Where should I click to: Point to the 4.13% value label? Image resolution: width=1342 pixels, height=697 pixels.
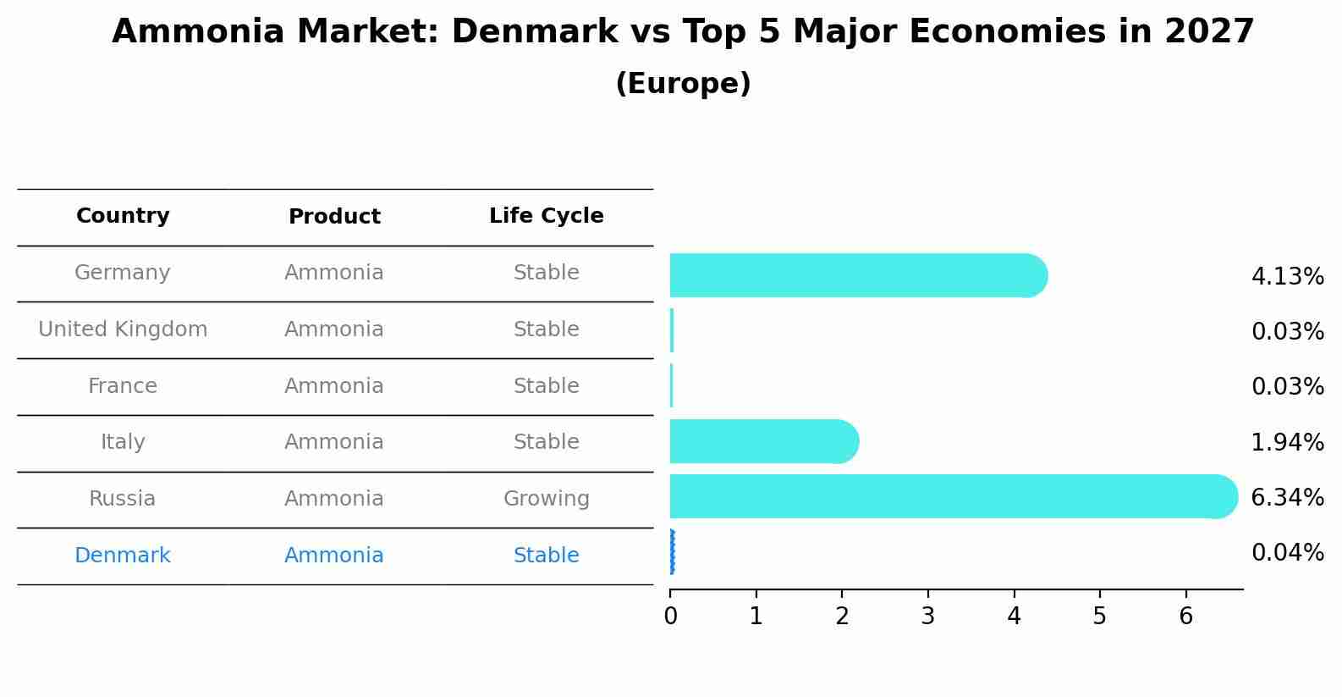pyautogui.click(x=1287, y=277)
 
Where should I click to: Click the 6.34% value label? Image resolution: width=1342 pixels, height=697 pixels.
pyautogui.click(x=1287, y=498)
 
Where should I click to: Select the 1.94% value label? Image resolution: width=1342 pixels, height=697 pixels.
pyautogui.click(x=1287, y=443)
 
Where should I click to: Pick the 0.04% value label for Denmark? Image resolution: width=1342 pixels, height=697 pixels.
pyautogui.click(x=1287, y=553)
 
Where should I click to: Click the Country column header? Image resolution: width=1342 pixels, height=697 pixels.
pyautogui.click(x=123, y=216)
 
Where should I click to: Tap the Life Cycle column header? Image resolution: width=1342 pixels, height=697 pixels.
pyautogui.click(x=546, y=216)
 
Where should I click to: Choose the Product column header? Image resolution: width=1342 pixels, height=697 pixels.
pyautogui.click(x=334, y=217)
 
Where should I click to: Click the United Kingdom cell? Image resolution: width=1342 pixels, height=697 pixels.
pyautogui.click(x=123, y=329)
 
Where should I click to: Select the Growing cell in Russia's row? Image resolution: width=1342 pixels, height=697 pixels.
pyautogui.click(x=546, y=499)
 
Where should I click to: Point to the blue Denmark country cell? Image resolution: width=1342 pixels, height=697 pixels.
pyautogui.click(x=123, y=556)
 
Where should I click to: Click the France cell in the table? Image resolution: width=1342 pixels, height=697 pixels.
pyautogui.click(x=123, y=386)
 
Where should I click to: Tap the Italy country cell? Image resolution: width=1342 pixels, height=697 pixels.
pyautogui.click(x=123, y=442)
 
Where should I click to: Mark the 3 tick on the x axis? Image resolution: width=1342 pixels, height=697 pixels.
pyautogui.click(x=928, y=616)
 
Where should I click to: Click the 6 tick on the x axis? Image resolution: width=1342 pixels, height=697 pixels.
pyautogui.click(x=1185, y=616)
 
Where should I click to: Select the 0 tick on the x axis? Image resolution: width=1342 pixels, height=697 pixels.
pyautogui.click(x=670, y=616)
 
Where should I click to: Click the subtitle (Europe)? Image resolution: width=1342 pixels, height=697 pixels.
pyautogui.click(x=683, y=84)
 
